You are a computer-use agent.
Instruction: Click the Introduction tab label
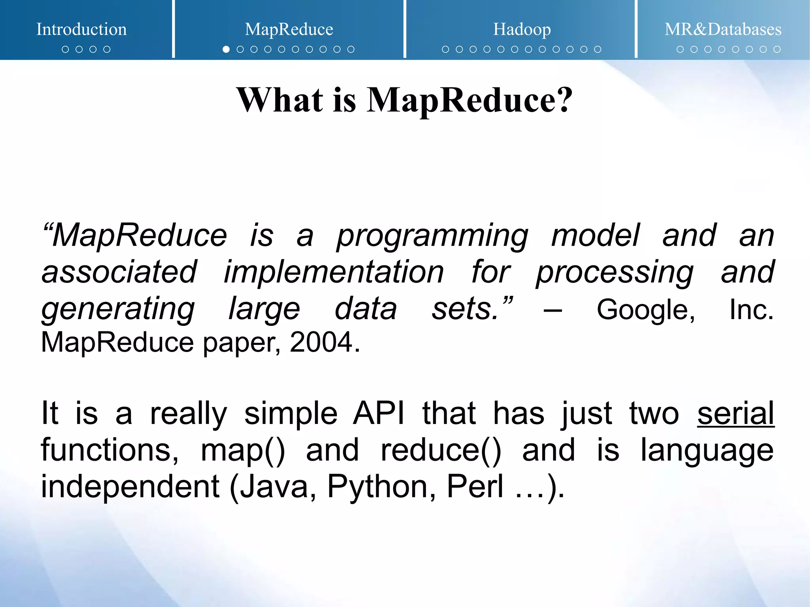[x=81, y=29]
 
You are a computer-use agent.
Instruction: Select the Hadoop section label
[x=522, y=29]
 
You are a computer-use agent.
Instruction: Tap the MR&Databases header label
[x=723, y=29]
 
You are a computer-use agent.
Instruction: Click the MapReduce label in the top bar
[x=289, y=29]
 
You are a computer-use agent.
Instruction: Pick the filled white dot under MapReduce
[x=226, y=49]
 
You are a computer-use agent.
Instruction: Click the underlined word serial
[x=735, y=413]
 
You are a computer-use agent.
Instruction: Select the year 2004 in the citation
[x=321, y=342]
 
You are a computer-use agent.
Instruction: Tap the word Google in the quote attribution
[x=645, y=309]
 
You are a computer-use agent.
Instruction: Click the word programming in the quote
[x=432, y=236]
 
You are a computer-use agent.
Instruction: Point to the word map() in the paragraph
[x=242, y=450]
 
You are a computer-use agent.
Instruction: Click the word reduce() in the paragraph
[x=441, y=450]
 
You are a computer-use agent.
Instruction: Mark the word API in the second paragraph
[x=379, y=413]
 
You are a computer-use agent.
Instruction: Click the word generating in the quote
[x=118, y=309]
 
